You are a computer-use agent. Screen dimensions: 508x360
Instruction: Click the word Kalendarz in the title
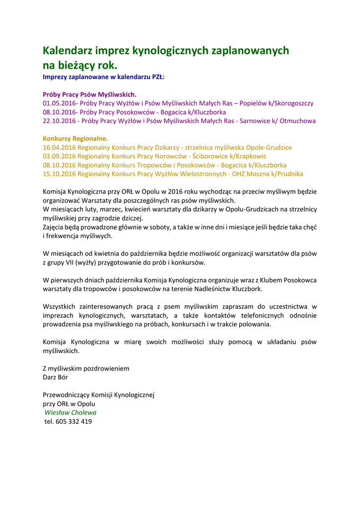[68, 51]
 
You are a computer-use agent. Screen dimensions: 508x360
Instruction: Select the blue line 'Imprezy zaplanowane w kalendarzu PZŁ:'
[103, 77]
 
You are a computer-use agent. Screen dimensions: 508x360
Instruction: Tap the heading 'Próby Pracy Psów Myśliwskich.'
[89, 94]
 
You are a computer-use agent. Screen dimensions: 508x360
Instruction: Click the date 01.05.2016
[60, 103]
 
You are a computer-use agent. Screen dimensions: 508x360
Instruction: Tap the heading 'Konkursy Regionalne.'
[75, 138]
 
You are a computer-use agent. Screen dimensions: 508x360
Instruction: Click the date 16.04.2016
[60, 147]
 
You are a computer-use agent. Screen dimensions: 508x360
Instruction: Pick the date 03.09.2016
[60, 156]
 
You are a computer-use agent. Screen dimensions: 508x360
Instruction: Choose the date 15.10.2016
[60, 174]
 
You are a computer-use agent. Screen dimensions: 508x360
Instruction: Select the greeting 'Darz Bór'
[56, 377]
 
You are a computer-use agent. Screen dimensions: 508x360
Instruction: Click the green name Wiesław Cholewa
[71, 412]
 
